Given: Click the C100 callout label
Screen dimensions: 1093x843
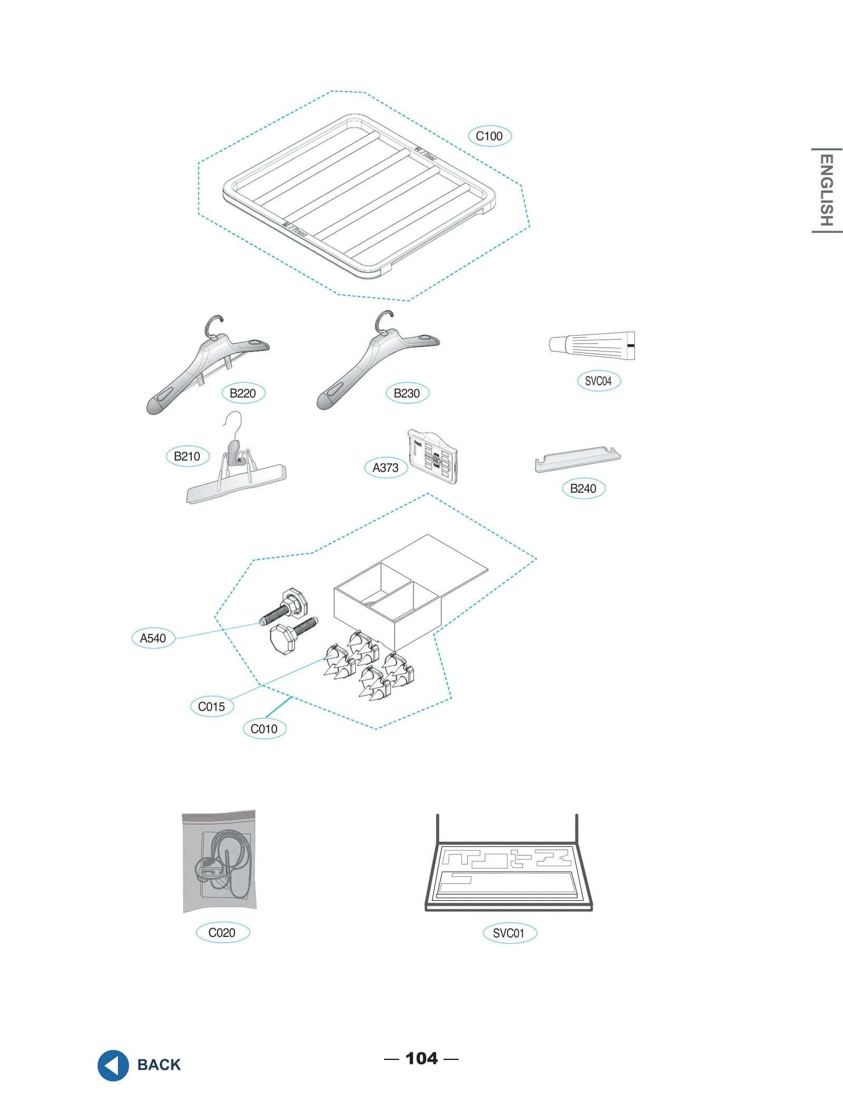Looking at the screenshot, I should [x=489, y=136].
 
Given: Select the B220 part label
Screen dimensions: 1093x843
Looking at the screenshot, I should [x=243, y=393].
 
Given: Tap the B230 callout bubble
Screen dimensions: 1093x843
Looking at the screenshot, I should [x=407, y=393].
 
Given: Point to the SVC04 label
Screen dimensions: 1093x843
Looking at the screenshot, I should [x=599, y=381].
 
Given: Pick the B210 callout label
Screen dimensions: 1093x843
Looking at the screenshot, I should [x=187, y=456].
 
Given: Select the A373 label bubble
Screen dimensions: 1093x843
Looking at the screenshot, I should [x=386, y=467].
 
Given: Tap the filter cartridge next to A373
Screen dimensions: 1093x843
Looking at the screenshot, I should [x=433, y=456].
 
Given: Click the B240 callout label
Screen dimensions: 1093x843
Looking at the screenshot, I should [x=583, y=489].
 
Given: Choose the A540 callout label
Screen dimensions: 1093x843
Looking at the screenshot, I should [x=153, y=638].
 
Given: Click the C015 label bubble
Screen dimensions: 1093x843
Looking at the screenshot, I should [x=211, y=707].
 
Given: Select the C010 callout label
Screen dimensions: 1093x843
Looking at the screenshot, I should [x=264, y=729].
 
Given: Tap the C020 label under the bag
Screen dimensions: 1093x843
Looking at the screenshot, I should [x=222, y=932].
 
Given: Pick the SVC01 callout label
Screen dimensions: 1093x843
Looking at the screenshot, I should [x=509, y=933].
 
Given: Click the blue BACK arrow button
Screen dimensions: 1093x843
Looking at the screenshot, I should [x=113, y=1065].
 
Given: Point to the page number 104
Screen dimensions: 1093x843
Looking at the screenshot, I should [x=421, y=1058].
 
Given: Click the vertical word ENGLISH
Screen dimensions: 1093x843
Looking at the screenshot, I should [x=826, y=190].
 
